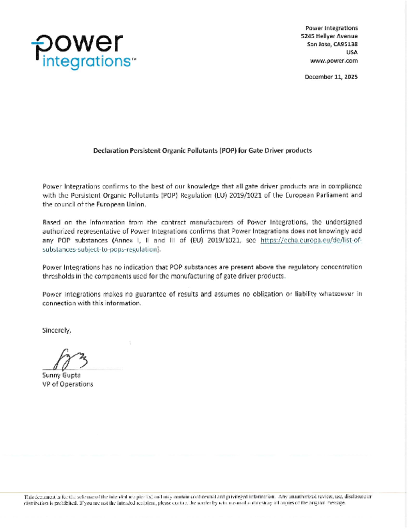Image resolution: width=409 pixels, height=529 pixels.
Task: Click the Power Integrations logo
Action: click(82, 51)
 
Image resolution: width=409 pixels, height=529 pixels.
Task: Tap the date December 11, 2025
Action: click(331, 77)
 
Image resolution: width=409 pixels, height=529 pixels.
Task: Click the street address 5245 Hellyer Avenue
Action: click(329, 36)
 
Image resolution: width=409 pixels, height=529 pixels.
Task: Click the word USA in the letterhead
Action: click(352, 52)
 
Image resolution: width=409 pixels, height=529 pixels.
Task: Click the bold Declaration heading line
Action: click(202, 151)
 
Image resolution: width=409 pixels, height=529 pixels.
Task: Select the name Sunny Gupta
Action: click(61, 375)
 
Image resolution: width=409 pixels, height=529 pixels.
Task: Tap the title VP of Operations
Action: click(67, 384)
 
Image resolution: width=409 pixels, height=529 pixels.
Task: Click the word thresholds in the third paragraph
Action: click(58, 276)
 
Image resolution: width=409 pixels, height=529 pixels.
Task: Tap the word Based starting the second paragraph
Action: click(52, 222)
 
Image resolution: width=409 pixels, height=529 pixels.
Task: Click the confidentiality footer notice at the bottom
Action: click(198, 500)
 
